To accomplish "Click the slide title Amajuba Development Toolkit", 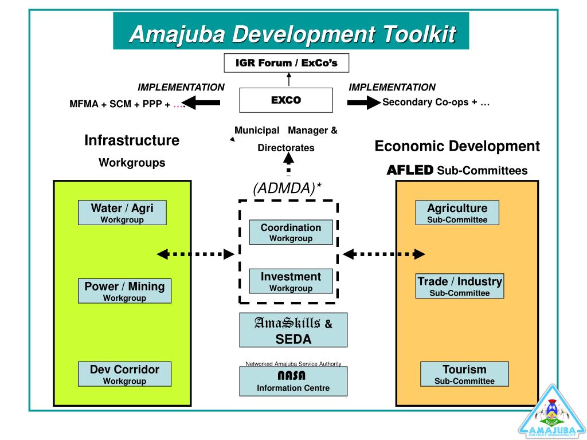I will click(292, 34).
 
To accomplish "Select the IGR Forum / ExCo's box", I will click(286, 63).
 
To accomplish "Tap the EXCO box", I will click(285, 100).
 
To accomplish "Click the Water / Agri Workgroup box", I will click(122, 213).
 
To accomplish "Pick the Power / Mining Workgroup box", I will click(124, 290).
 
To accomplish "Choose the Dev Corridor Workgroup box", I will click(124, 374).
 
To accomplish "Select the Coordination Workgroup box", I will click(291, 232).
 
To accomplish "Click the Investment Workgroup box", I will click(291, 281).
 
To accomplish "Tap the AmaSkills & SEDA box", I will click(293, 331).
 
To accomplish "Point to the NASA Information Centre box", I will click(293, 382).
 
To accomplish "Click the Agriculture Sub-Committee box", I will click(457, 213).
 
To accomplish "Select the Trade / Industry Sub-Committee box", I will click(460, 286).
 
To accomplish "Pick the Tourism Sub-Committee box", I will click(464, 374).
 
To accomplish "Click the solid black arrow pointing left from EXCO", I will click(204, 103).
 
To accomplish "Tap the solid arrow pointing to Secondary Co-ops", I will click(363, 103).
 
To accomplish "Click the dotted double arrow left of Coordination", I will click(195, 254).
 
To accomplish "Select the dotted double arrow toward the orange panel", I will click(384, 254).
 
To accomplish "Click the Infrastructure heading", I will click(132, 140).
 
